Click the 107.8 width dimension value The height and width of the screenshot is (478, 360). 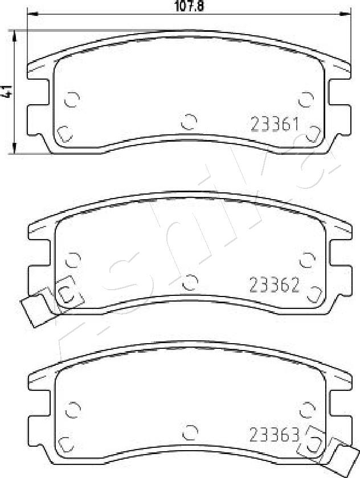[x=189, y=6]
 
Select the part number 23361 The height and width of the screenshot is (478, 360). [x=274, y=125]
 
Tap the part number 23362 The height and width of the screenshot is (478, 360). [x=274, y=285]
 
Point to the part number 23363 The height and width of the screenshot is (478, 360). [x=274, y=435]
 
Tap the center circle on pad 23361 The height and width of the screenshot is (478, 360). [x=189, y=122]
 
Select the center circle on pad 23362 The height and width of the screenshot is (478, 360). [x=190, y=282]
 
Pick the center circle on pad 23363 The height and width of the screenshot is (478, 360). [x=190, y=432]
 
